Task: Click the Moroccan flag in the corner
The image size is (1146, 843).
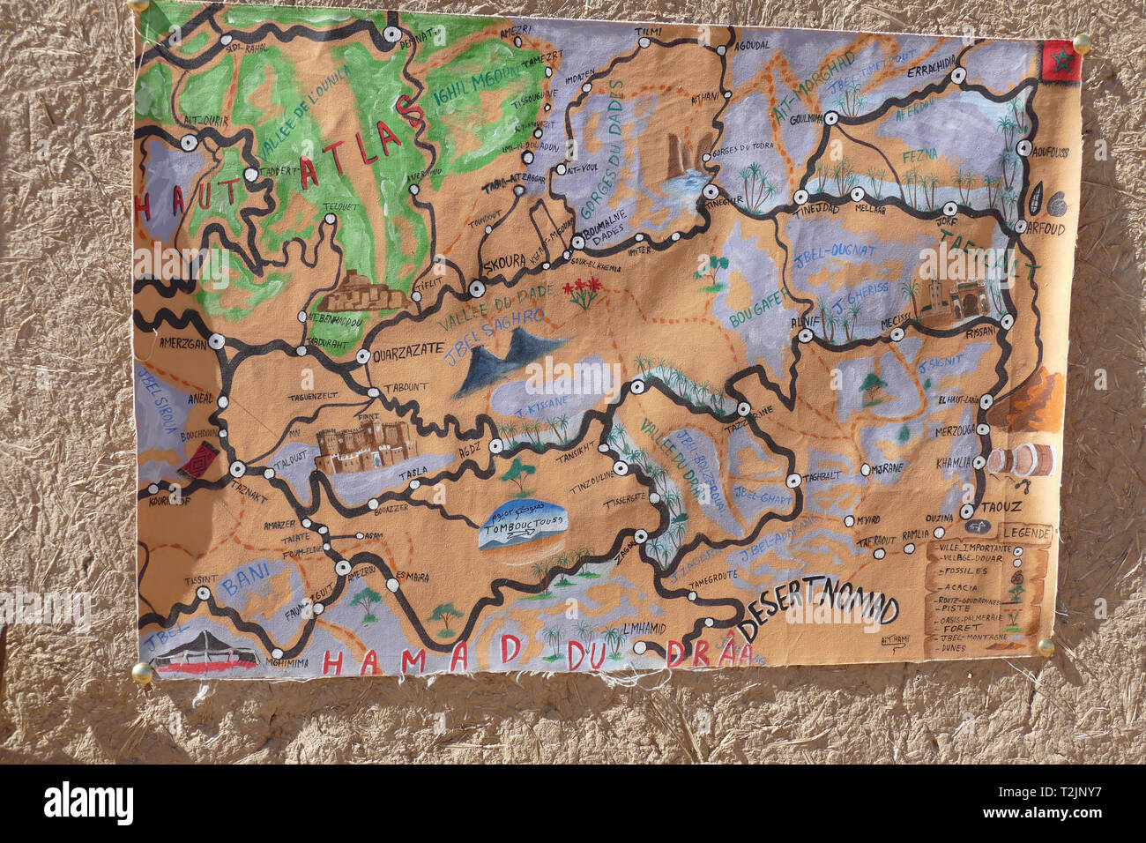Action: click(x=1060, y=61)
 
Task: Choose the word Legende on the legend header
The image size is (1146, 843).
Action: click(x=1026, y=533)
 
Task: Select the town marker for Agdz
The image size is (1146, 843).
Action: click(x=495, y=447)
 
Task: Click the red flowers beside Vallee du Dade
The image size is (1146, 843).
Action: click(x=584, y=291)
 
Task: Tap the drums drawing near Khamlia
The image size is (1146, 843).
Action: click(x=1021, y=460)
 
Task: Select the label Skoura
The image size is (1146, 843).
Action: click(x=503, y=262)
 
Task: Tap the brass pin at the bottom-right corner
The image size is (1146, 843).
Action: click(x=1045, y=647)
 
